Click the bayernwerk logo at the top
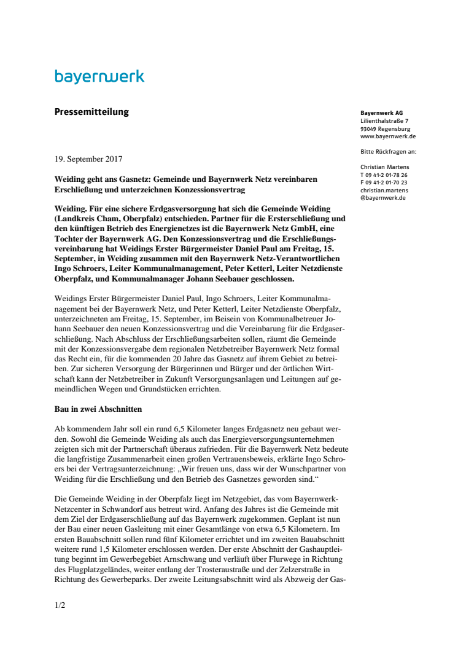tap(99, 77)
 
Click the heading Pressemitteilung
tap(91, 112)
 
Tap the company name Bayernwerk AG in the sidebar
tap(381, 114)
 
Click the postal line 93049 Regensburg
tap(386, 129)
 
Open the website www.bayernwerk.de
tap(388, 136)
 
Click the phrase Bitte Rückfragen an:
tap(389, 151)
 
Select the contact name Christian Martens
tap(384, 167)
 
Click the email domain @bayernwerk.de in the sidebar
tap(383, 198)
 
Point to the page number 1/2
tap(60, 605)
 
